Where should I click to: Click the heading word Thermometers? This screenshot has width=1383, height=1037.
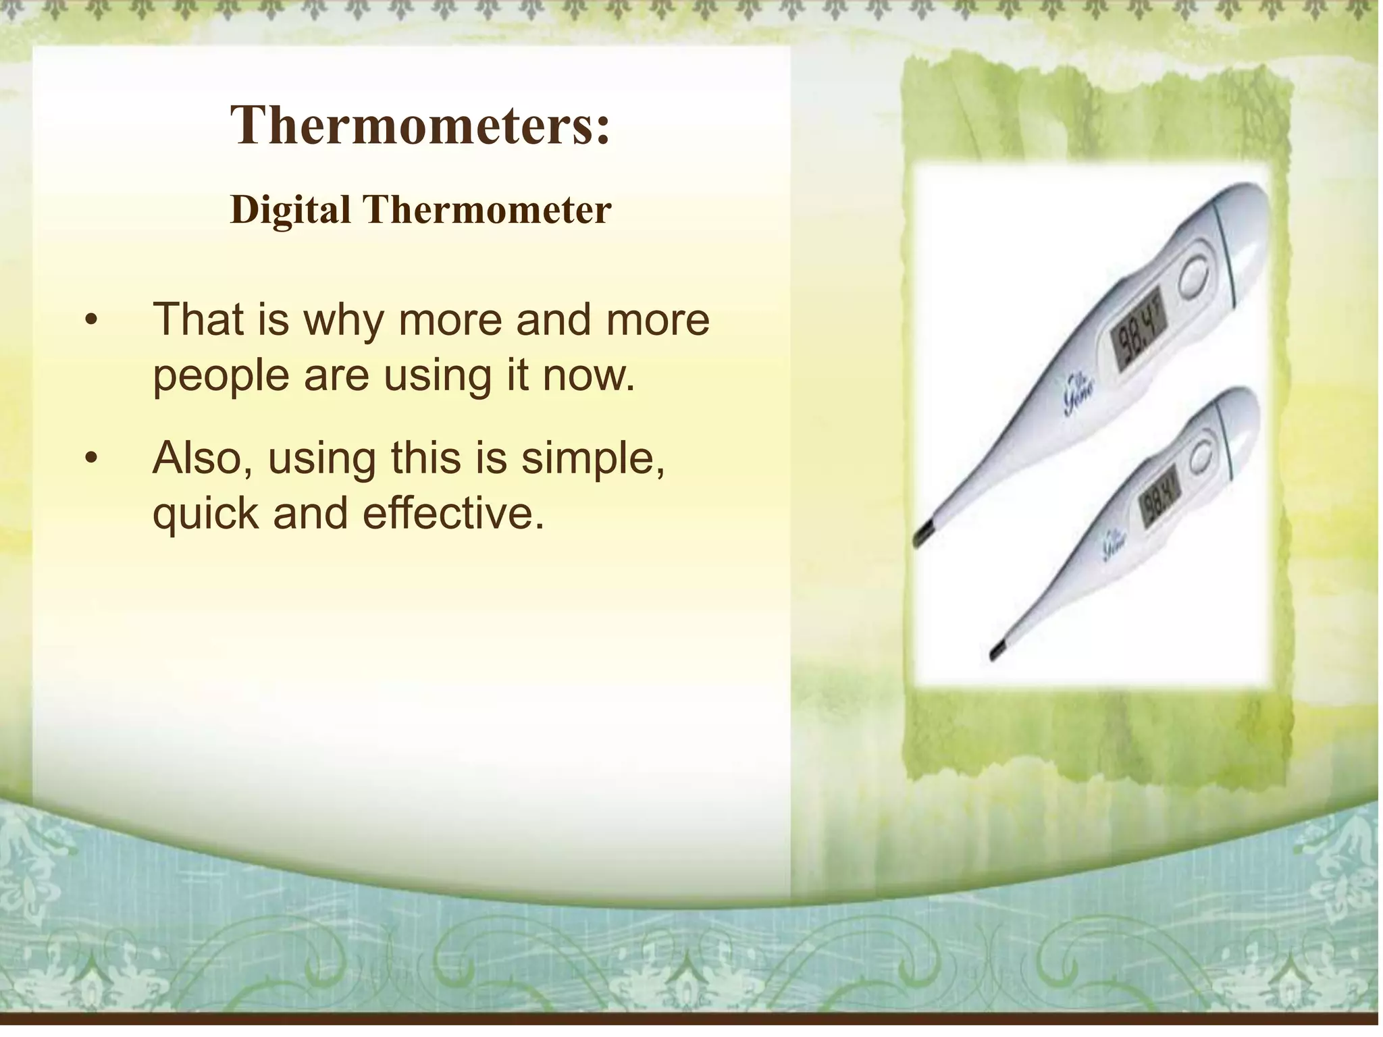point(420,126)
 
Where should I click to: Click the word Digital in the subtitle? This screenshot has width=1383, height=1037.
point(290,210)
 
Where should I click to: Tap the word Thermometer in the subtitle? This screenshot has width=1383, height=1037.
point(488,210)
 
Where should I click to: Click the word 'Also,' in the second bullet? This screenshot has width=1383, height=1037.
point(203,458)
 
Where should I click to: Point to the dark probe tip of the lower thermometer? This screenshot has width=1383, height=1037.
point(999,651)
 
